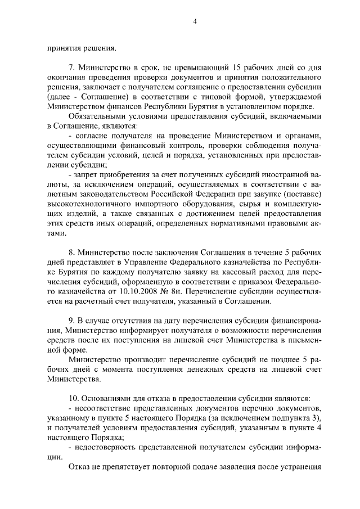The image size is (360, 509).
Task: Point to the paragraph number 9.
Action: pyautogui.click(x=70, y=319)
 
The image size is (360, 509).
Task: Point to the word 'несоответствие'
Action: pyautogui.click(x=103, y=408)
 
